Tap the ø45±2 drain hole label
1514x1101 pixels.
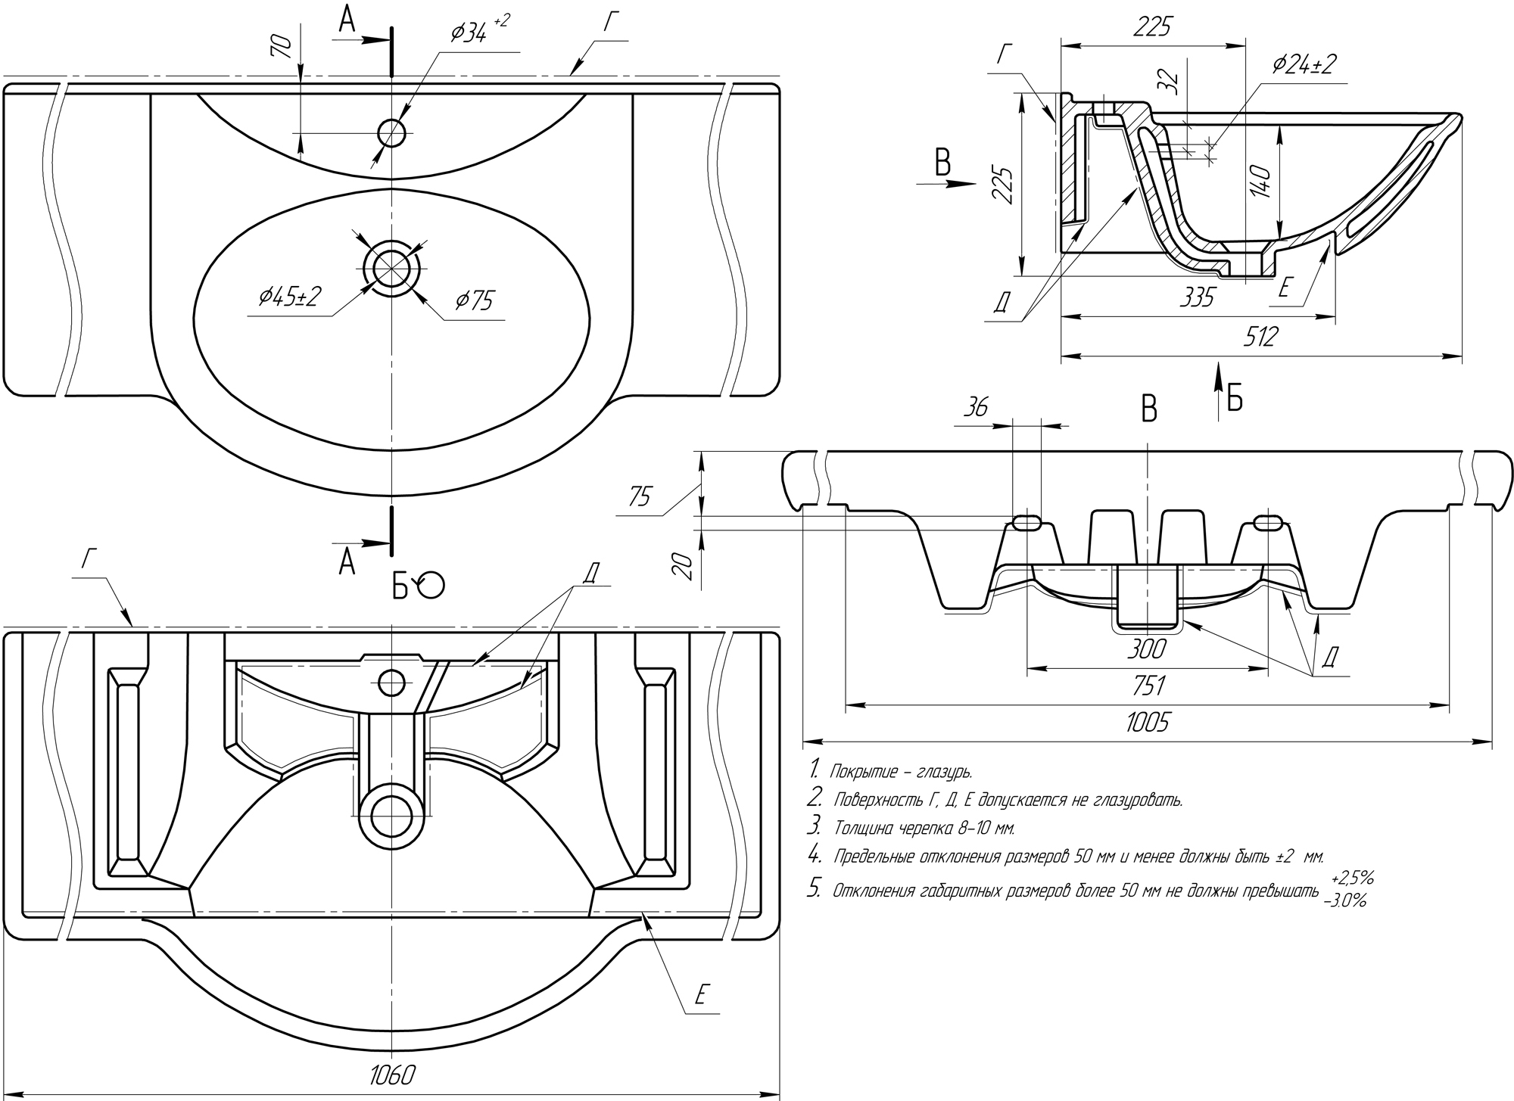(290, 297)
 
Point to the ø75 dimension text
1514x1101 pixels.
(474, 301)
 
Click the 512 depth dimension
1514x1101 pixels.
(1259, 336)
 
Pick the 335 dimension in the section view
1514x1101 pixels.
(1196, 297)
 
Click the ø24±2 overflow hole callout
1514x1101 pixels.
(1304, 65)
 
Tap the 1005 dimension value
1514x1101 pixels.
(1147, 723)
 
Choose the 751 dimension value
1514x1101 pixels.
(1148, 686)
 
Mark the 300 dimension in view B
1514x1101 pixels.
(1146, 648)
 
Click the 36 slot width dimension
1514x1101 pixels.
(976, 407)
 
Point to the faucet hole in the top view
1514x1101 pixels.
(391, 133)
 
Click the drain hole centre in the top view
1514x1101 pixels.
(391, 269)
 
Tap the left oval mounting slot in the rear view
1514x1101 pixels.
(1027, 522)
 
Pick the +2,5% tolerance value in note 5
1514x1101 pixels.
(1353, 879)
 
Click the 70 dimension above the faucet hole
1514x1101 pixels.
(282, 47)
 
